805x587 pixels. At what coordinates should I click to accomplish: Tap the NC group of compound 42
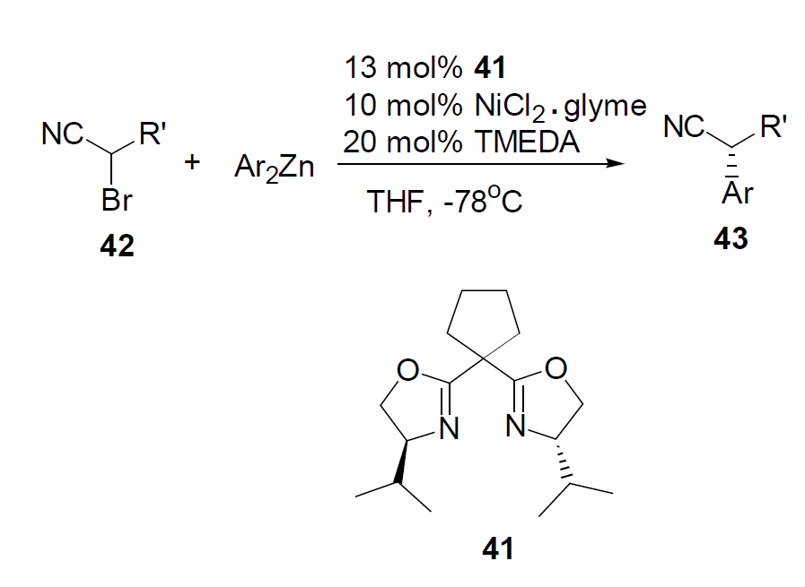coord(61,136)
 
